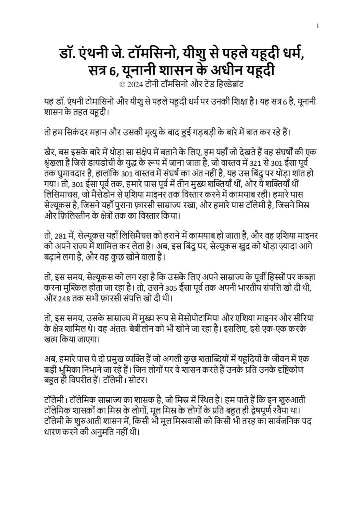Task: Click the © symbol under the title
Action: [125, 85]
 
